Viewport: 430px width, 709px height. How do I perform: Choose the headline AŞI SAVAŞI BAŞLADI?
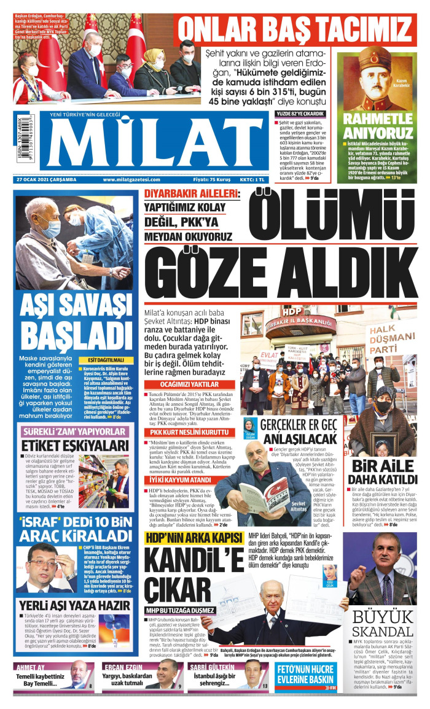click(74, 324)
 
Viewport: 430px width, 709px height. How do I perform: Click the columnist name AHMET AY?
click(31, 667)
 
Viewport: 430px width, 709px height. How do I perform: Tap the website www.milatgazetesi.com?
click(132, 179)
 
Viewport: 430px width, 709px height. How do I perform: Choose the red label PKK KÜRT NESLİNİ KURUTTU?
click(182, 432)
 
